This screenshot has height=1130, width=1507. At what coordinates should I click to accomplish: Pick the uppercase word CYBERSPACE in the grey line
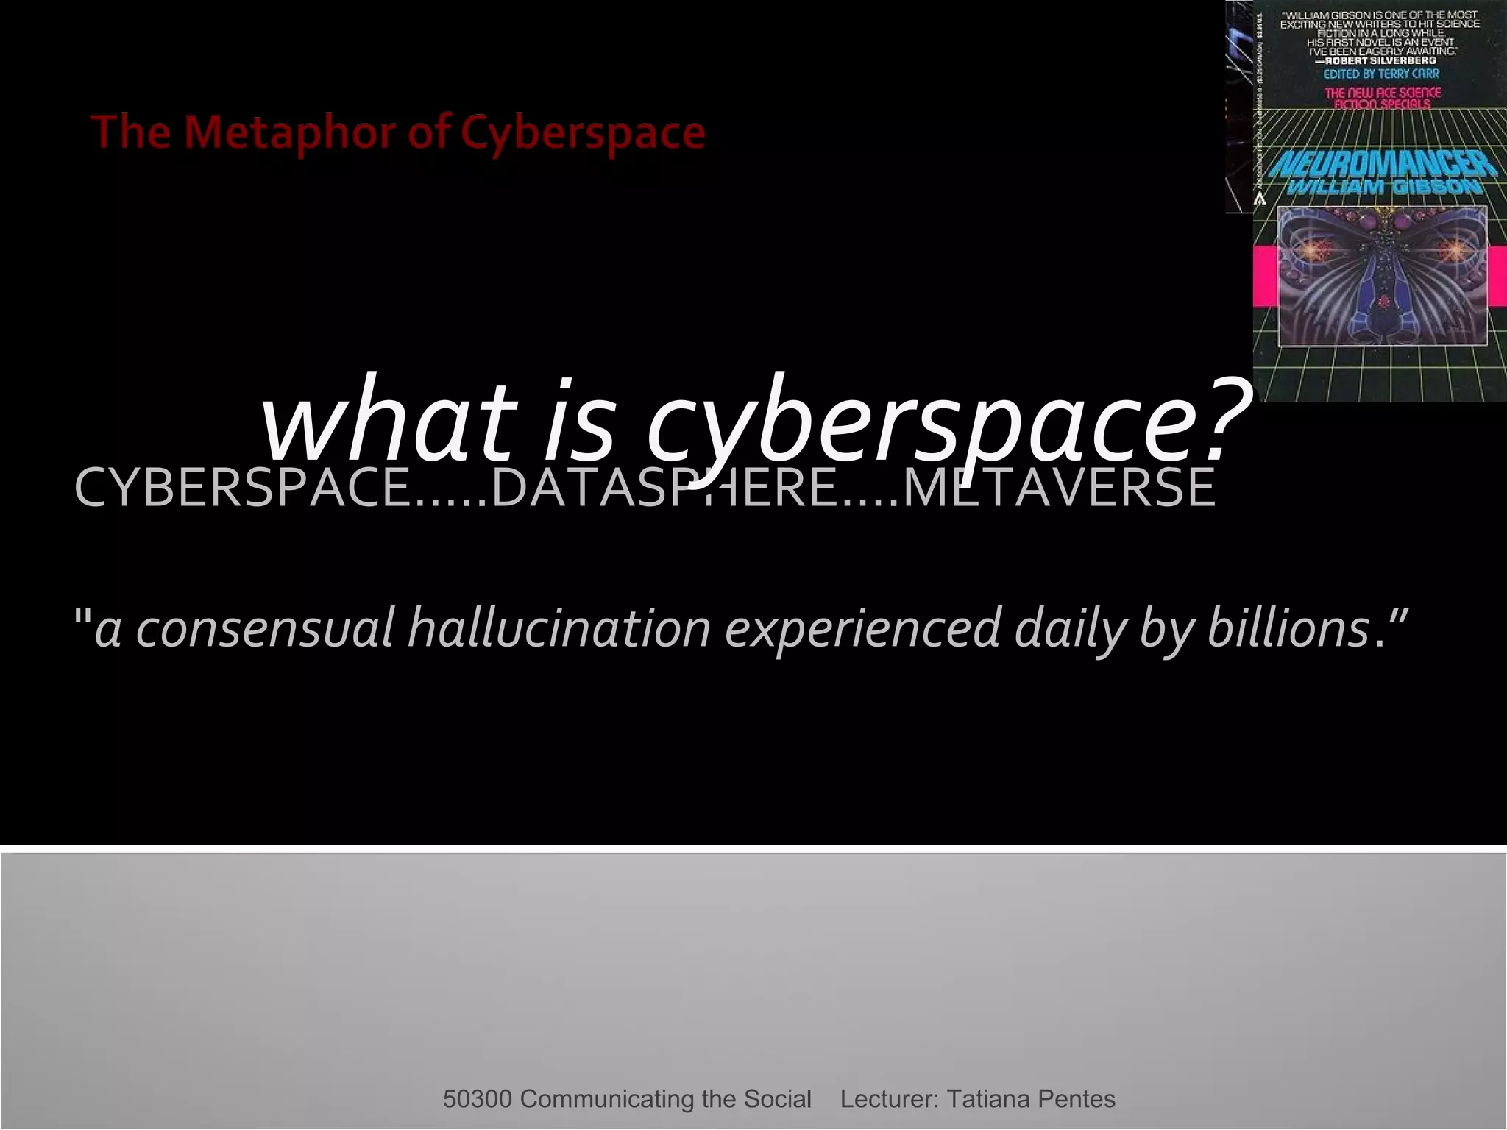(243, 487)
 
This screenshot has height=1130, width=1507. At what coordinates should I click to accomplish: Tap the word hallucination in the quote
(559, 628)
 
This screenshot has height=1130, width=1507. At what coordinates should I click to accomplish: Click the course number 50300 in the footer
(477, 1099)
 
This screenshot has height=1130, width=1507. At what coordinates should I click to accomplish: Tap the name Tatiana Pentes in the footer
(1030, 1099)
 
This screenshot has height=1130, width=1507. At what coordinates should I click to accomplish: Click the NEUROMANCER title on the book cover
(1383, 164)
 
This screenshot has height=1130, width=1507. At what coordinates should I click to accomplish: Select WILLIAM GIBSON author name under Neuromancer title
(1383, 187)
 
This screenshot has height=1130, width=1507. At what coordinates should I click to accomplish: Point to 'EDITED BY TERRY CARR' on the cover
(1381, 74)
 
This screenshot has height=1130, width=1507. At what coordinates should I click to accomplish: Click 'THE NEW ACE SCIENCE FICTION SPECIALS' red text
(1382, 98)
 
